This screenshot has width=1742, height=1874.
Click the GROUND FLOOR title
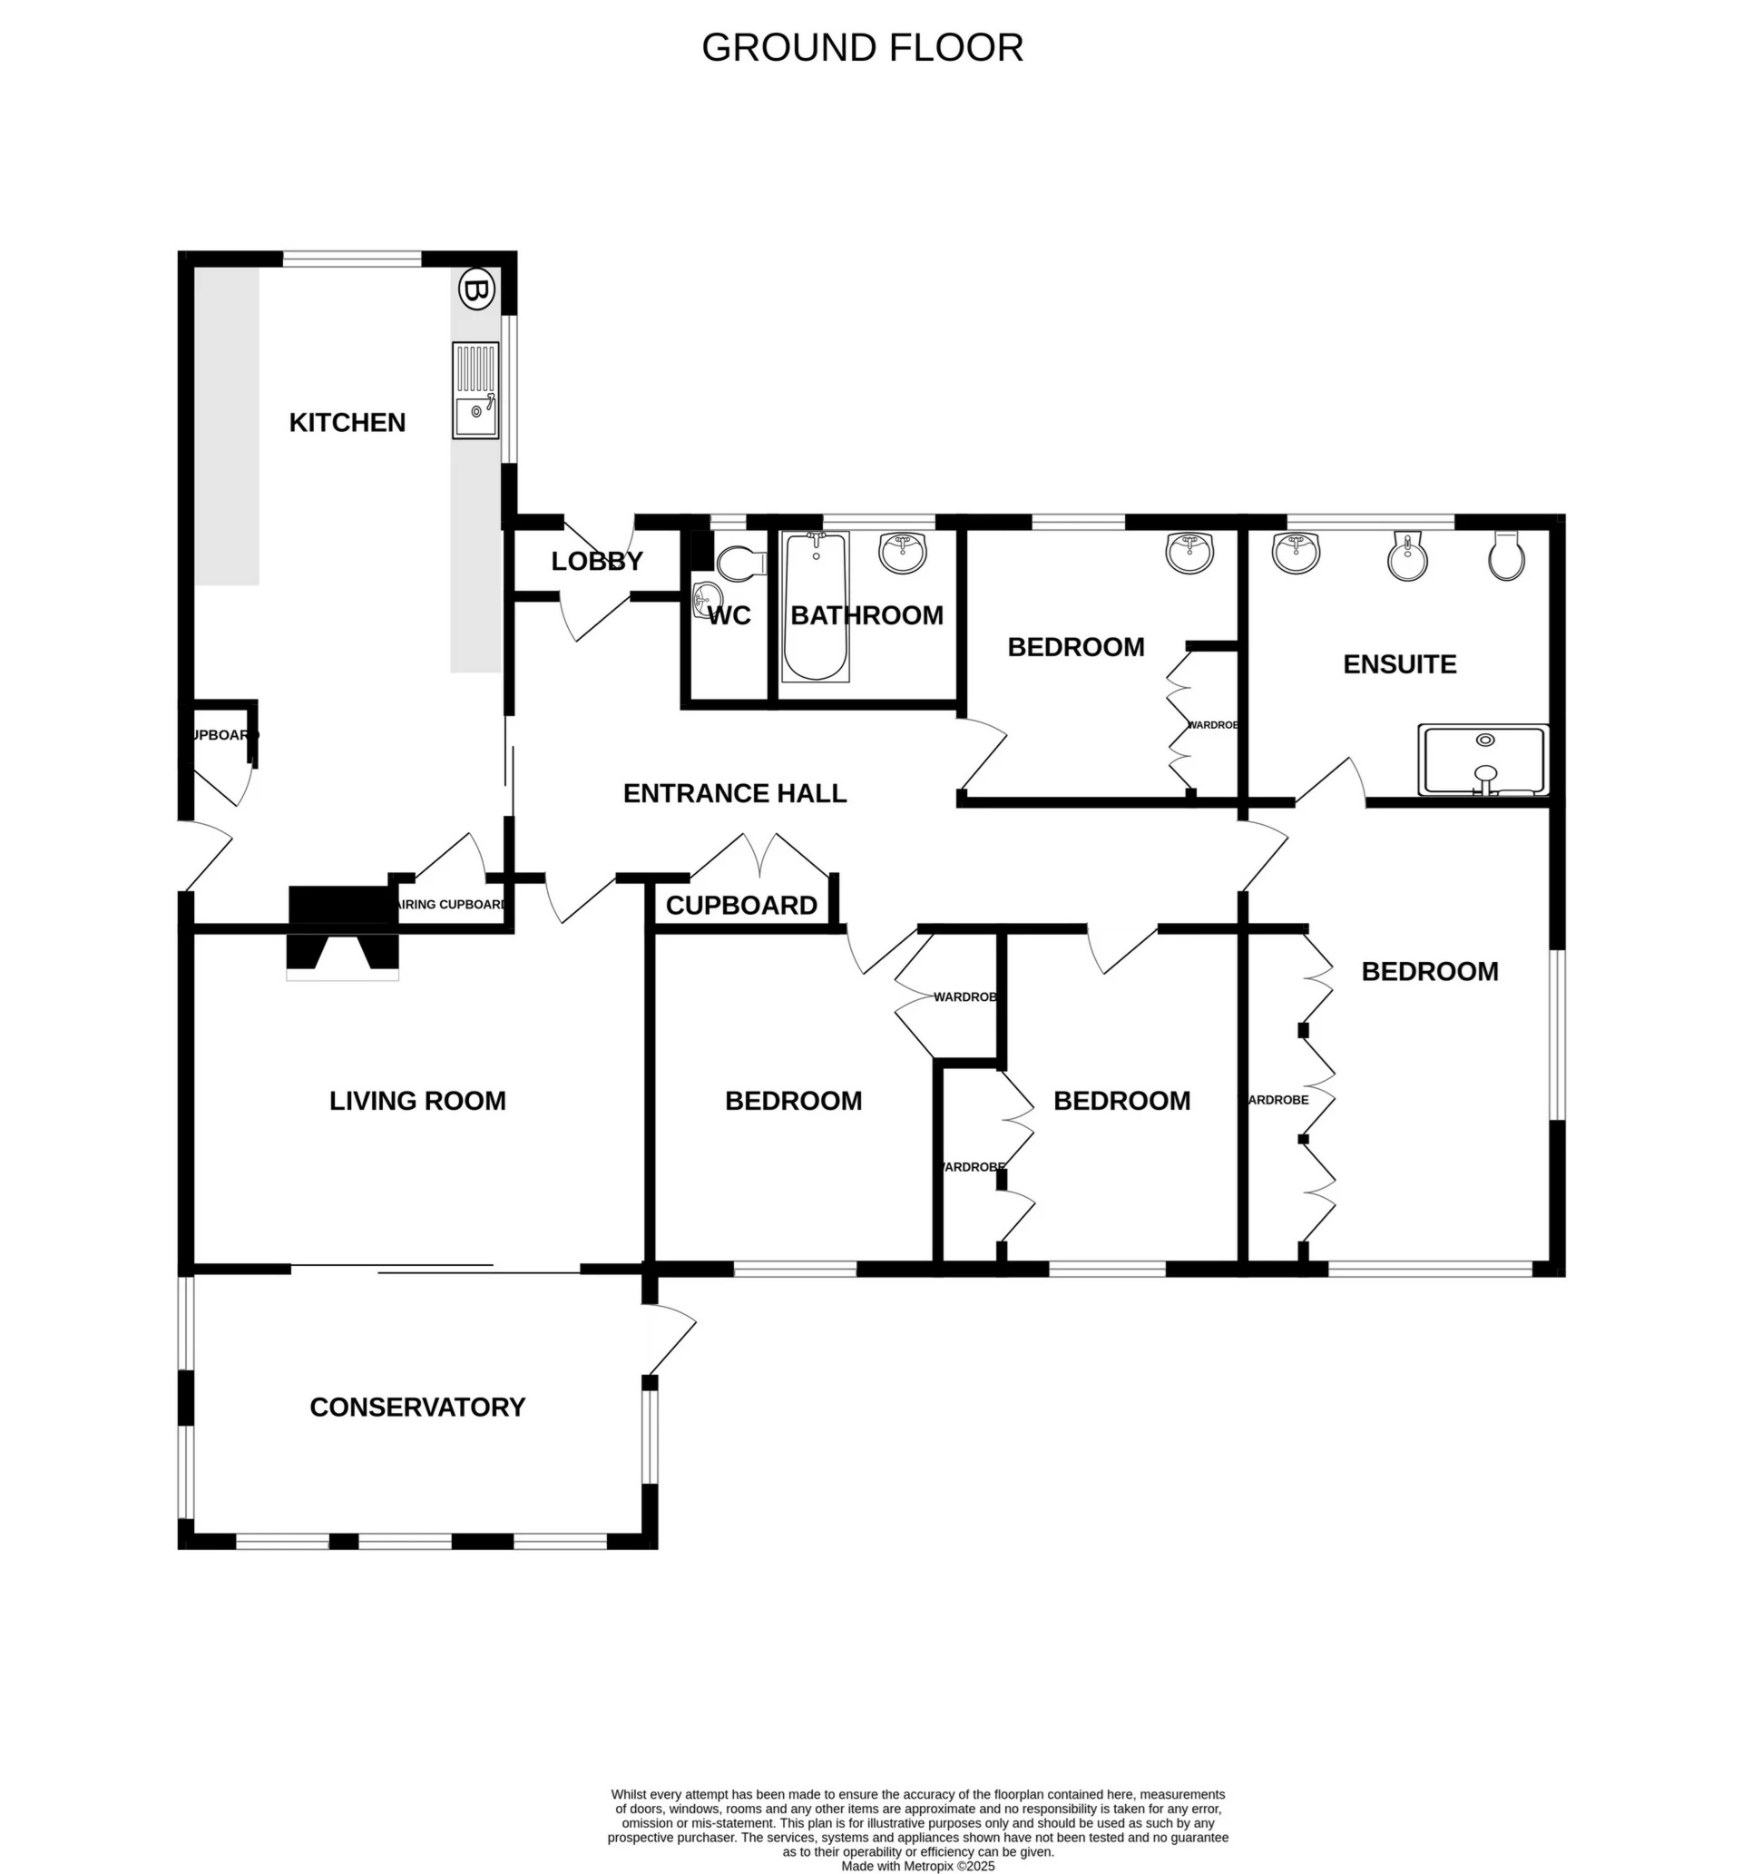pos(862,48)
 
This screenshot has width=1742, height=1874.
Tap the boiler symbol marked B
pos(476,289)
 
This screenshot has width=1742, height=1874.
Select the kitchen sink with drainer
pos(475,390)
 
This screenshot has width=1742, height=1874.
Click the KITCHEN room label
pos(347,422)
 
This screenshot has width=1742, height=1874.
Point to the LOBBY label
pos(597,561)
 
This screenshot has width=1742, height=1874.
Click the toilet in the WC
pos(740,564)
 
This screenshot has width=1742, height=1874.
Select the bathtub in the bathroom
pos(816,606)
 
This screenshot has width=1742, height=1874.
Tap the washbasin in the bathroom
pos(903,552)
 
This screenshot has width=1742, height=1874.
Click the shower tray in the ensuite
pos(1483,760)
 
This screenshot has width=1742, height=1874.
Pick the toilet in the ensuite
pos(1506,557)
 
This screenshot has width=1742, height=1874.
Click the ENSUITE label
pos(1399,663)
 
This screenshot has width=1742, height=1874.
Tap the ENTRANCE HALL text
pos(734,793)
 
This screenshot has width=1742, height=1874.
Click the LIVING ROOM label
pos(416,1100)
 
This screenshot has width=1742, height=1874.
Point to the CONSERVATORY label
pos(416,1407)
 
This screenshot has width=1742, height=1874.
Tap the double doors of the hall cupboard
pos(759,855)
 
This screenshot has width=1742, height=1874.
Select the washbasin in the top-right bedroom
pos(1189,552)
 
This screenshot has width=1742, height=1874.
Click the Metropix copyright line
pos(917,1866)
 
